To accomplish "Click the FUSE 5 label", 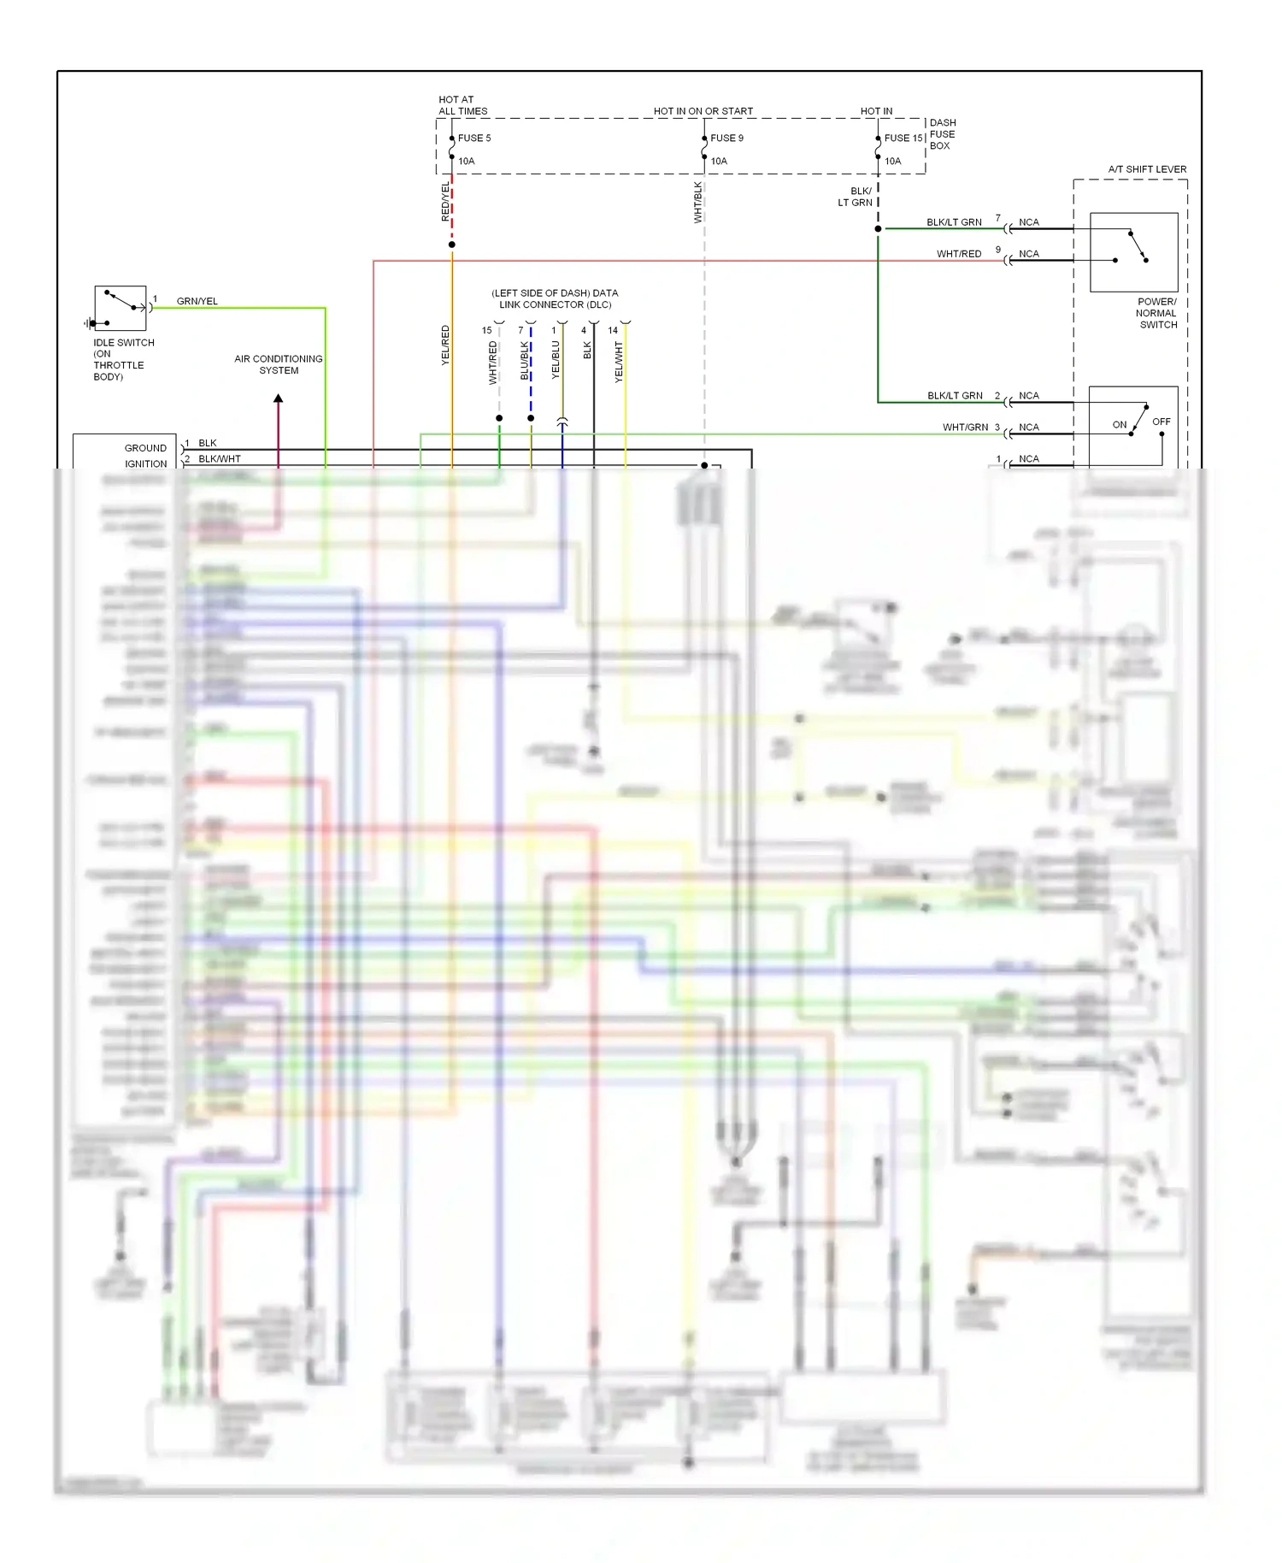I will [x=474, y=138].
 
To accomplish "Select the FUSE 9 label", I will [x=726, y=138].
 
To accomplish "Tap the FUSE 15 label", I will [x=903, y=138].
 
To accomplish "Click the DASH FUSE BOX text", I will [x=942, y=134].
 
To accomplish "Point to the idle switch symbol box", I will [x=121, y=308].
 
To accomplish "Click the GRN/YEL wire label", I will [x=197, y=301].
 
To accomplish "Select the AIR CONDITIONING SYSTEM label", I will [x=279, y=364].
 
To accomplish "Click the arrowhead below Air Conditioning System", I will [x=278, y=398].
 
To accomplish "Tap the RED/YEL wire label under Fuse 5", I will [x=445, y=202].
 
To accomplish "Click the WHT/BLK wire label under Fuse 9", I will [x=698, y=203].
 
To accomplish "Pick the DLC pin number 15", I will [x=486, y=330].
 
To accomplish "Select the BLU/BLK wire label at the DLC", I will [x=525, y=360].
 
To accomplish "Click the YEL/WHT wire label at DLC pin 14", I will [x=619, y=362].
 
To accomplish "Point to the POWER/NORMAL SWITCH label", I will [x=1156, y=313].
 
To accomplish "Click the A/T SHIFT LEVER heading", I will [x=1147, y=169].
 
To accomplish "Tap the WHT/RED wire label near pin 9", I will [x=958, y=254].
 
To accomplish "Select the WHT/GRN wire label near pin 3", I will [x=965, y=428].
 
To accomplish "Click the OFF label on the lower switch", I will [x=1161, y=422].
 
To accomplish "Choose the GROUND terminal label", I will [x=145, y=448].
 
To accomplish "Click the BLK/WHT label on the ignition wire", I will [x=220, y=459].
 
